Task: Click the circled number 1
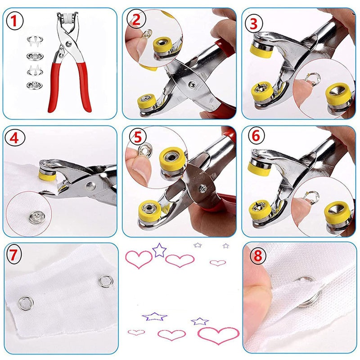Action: click(14, 21)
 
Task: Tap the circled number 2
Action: click(136, 19)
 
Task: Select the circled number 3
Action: click(253, 24)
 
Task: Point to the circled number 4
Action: click(14, 139)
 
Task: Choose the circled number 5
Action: click(138, 137)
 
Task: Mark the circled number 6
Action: click(256, 136)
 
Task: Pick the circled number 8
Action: click(258, 256)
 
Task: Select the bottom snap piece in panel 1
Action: click(35, 85)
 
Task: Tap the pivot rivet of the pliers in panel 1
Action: click(68, 44)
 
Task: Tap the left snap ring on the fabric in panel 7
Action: click(26, 303)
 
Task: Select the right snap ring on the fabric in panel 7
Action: click(106, 281)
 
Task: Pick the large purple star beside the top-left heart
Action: click(159, 250)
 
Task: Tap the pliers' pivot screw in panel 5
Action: click(203, 189)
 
